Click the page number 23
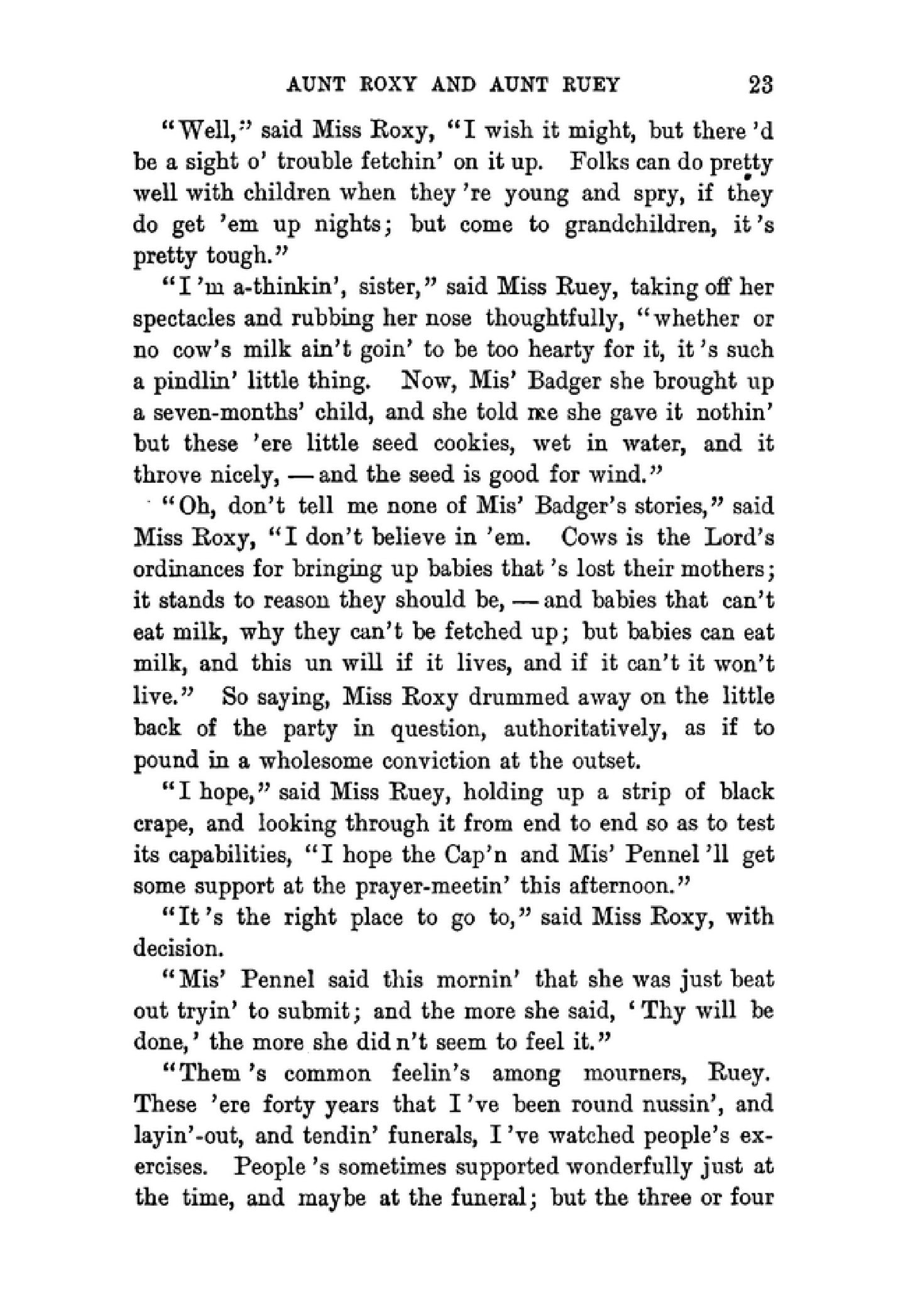pos(760,85)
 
